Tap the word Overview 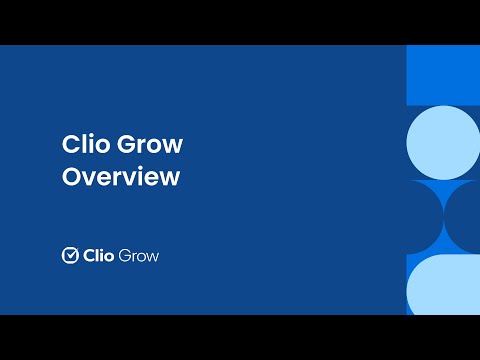pyautogui.click(x=120, y=177)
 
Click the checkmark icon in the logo pyautogui.click(x=70, y=255)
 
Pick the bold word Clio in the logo pyautogui.click(x=98, y=255)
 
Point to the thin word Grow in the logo pyautogui.click(x=139, y=255)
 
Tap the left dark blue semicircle pyautogui.click(x=424, y=217)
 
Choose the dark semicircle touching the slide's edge pyautogui.click(x=464, y=217)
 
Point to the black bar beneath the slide pyautogui.click(x=240, y=337)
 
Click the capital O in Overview pyautogui.click(x=71, y=177)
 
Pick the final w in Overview pyautogui.click(x=171, y=178)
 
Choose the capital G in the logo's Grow pyautogui.click(x=125, y=255)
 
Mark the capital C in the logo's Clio pyautogui.click(x=87, y=255)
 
